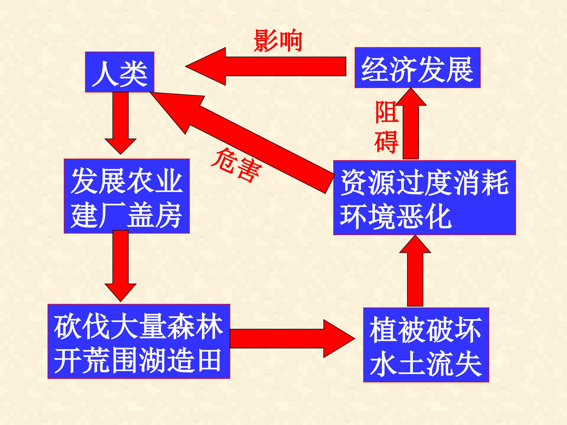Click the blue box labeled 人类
[120, 72]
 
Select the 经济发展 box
[417, 68]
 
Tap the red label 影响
[278, 41]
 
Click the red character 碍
[386, 142]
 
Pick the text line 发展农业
[127, 181]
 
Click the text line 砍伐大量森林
[138, 327]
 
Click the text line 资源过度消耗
[424, 182]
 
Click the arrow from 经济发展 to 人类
[266, 66]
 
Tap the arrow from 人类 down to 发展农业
[120, 123]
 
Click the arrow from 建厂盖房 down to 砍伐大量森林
[120, 266]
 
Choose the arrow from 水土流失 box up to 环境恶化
[415, 271]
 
